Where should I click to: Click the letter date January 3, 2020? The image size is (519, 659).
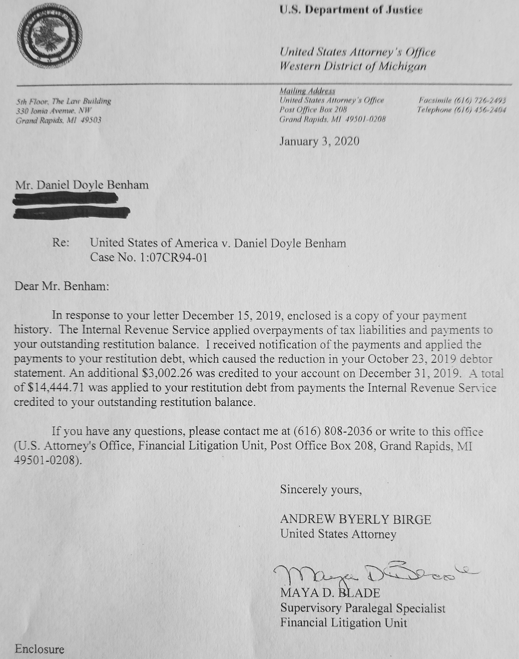click(x=319, y=141)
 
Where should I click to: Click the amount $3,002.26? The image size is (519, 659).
click(x=164, y=374)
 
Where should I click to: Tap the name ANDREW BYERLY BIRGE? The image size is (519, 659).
click(x=355, y=519)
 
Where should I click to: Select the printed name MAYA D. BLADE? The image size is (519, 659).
click(x=330, y=593)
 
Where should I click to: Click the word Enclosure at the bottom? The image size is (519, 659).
click(x=39, y=649)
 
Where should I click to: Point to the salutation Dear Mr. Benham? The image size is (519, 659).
click(x=62, y=286)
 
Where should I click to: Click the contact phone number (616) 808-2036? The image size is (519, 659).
click(x=333, y=432)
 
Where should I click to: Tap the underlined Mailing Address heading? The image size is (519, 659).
click(x=307, y=91)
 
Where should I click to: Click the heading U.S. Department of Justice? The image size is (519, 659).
click(x=351, y=10)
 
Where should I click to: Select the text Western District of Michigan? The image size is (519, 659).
click(x=353, y=66)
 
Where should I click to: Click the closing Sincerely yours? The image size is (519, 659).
click(x=321, y=489)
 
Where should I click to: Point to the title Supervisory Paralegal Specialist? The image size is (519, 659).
click(x=363, y=608)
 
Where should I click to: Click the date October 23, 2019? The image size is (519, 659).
click(x=418, y=359)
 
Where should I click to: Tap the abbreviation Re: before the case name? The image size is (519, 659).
click(x=60, y=243)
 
